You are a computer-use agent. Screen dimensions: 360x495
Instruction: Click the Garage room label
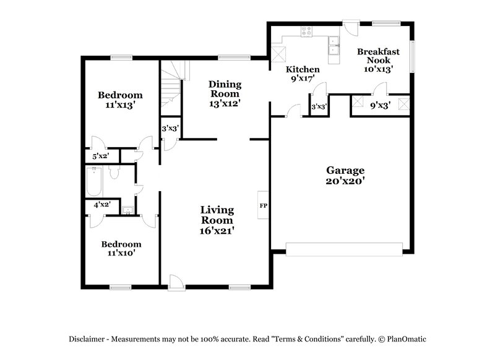(x=345, y=171)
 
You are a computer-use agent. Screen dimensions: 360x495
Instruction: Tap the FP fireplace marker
(x=263, y=205)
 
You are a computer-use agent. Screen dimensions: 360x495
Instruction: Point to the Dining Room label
(x=224, y=88)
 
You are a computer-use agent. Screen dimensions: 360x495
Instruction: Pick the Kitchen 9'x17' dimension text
(x=303, y=79)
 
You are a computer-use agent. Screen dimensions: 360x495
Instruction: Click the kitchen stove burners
(x=306, y=32)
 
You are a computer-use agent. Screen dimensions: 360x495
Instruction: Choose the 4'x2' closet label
(x=101, y=204)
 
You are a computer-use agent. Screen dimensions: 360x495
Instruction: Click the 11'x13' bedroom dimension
(x=121, y=106)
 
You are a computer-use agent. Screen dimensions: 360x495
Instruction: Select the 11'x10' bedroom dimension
(x=121, y=253)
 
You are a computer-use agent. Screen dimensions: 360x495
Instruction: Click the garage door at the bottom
(x=343, y=249)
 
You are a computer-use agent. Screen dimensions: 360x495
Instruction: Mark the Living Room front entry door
(x=176, y=282)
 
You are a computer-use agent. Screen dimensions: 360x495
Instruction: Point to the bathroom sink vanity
(x=127, y=210)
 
